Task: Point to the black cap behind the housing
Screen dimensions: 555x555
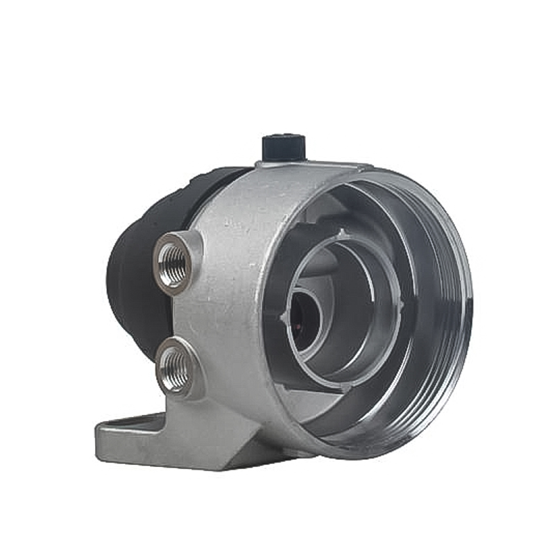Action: point(139,277)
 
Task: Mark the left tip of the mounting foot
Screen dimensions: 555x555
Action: point(99,436)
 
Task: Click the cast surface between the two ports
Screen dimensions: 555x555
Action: point(182,316)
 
